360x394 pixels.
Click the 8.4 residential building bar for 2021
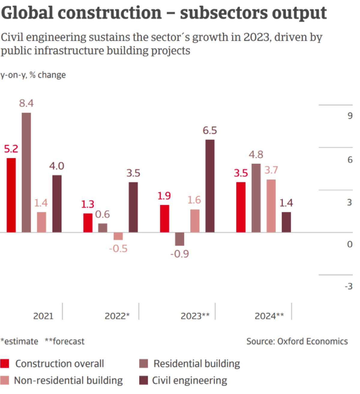(x=26, y=172)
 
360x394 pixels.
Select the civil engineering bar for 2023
(x=210, y=186)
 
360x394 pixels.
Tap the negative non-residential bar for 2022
(x=118, y=236)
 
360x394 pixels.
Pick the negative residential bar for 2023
(x=179, y=239)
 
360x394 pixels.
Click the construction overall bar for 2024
(x=241, y=207)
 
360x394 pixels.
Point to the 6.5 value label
(x=210, y=131)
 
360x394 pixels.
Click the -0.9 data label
(x=179, y=254)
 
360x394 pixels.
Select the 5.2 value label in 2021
(x=11, y=149)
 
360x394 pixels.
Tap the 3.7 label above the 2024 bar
(x=271, y=170)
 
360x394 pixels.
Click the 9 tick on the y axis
(x=350, y=116)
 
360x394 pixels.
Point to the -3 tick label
(x=348, y=286)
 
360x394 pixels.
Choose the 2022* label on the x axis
(x=117, y=316)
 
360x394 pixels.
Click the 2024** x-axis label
(x=269, y=316)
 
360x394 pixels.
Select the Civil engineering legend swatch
(x=144, y=381)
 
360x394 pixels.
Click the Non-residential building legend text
(x=68, y=381)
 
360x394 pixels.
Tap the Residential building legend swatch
(x=144, y=364)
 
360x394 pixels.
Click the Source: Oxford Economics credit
(x=297, y=342)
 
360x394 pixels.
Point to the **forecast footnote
(x=64, y=342)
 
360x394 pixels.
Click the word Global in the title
(x=27, y=13)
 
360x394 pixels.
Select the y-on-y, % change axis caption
(x=33, y=75)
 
